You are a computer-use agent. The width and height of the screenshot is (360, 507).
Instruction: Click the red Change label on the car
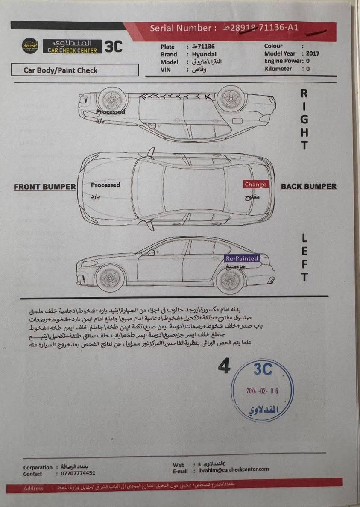(255, 185)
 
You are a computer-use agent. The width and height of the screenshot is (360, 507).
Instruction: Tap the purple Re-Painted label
(242, 258)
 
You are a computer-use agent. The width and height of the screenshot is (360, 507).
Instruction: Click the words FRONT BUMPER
(45, 187)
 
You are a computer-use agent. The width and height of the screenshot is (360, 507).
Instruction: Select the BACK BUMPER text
(308, 186)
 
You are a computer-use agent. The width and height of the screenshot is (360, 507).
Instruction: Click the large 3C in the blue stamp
(263, 369)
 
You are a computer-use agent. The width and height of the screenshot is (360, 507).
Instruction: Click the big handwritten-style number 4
(224, 366)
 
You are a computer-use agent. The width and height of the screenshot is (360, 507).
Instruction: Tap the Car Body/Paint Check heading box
(75, 70)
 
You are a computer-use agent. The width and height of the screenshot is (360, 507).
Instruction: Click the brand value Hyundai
(204, 54)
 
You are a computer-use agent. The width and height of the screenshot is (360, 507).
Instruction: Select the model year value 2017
(313, 53)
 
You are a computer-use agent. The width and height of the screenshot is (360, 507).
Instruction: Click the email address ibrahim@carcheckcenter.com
(234, 469)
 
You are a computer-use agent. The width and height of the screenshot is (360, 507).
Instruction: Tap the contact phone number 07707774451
(76, 473)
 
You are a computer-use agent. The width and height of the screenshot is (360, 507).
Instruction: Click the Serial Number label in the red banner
(180, 29)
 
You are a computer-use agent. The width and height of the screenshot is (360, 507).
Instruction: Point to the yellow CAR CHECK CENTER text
(72, 50)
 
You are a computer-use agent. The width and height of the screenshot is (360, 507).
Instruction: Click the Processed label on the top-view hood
(105, 185)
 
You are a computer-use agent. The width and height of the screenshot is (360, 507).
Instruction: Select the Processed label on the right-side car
(111, 112)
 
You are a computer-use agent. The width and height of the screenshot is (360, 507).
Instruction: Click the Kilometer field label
(278, 69)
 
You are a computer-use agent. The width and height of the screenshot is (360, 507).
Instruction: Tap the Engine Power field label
(282, 61)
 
